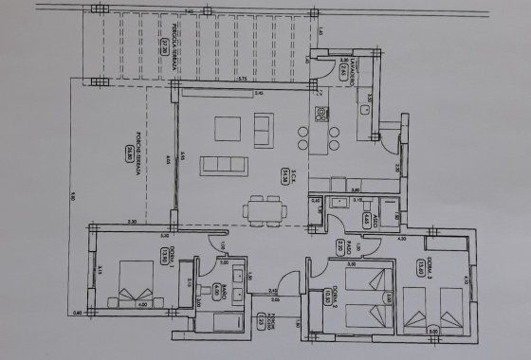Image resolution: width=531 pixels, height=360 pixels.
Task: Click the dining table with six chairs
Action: [x=259, y=208]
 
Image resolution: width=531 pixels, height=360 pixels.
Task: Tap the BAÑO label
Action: [x=216, y=283]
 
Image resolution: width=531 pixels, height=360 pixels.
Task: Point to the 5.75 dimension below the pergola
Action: [x=242, y=79]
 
